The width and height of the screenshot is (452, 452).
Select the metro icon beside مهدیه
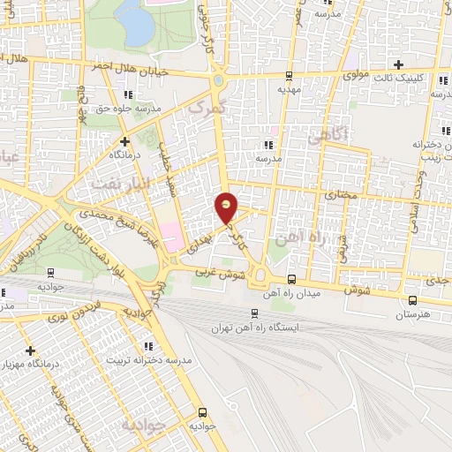point(289,76)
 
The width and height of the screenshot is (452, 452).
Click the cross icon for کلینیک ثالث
point(400,64)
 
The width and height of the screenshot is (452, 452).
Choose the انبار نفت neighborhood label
point(114,183)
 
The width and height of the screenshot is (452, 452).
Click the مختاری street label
point(340,193)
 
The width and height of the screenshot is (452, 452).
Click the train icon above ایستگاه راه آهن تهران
point(255,313)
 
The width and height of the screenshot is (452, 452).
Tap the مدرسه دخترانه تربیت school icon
point(148,345)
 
